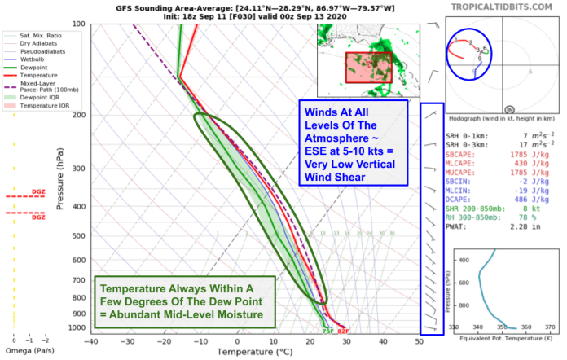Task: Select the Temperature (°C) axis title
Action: point(254,352)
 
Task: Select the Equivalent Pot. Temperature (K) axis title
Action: point(501,336)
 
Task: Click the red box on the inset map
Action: point(369,67)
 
